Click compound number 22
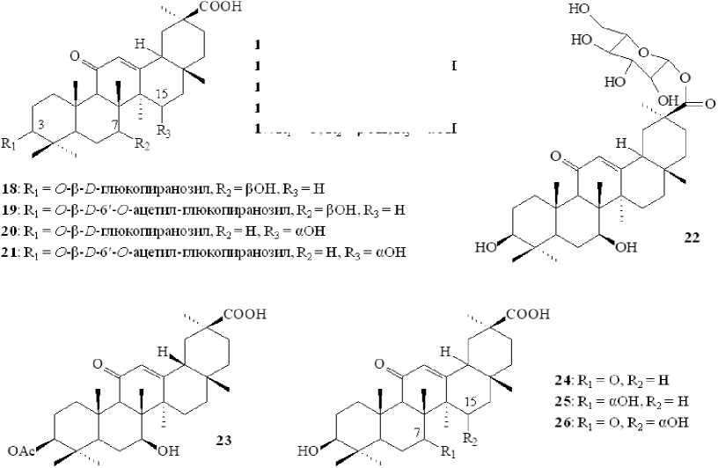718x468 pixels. pyautogui.click(x=691, y=237)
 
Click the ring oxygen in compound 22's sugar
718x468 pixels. pyautogui.click(x=646, y=63)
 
